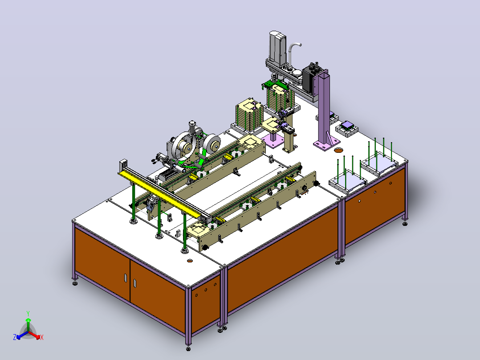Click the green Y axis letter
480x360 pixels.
tap(28, 313)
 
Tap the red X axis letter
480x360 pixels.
tap(42, 337)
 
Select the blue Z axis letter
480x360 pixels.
tap(15, 337)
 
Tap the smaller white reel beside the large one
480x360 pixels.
tap(212, 144)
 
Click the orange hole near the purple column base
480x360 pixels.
tap(338, 150)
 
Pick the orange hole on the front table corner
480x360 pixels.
tap(190, 261)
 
